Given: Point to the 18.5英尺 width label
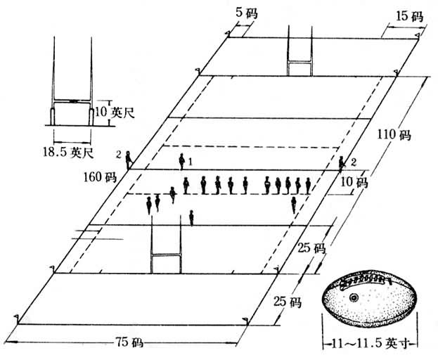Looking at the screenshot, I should tap(72, 150).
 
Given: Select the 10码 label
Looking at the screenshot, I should tap(356, 182).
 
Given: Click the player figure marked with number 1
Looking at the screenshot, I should tap(181, 160).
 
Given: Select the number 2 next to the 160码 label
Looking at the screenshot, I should tap(120, 153).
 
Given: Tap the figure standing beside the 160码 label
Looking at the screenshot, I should tap(128, 160).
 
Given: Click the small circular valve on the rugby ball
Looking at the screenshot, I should tap(353, 298).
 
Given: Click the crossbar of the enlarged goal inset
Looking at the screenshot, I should tap(72, 101).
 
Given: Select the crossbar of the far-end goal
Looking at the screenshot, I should tap(300, 63).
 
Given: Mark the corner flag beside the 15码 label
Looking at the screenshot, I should tap(417, 34).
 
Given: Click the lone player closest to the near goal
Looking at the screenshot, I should tap(191, 217).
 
